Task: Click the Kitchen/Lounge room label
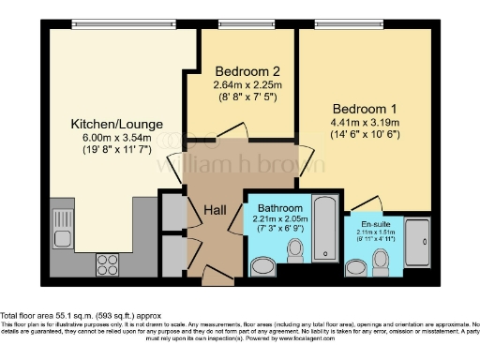click(x=117, y=123)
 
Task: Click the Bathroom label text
click(x=279, y=207)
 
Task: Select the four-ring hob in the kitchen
click(x=106, y=263)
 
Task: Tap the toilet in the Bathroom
click(x=297, y=250)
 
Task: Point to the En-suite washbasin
click(x=356, y=267)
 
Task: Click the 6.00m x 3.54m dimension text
click(x=117, y=140)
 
